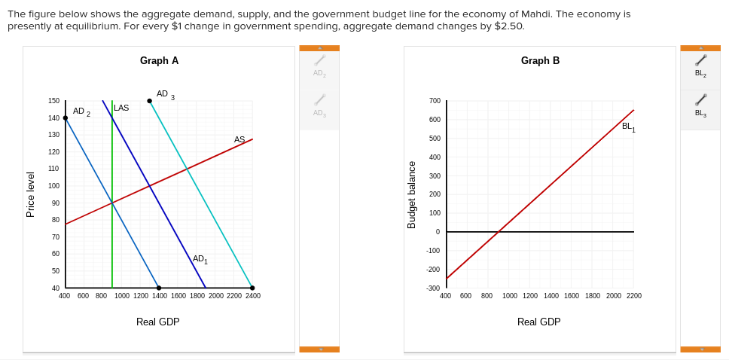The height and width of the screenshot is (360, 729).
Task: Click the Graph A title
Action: pyautogui.click(x=159, y=61)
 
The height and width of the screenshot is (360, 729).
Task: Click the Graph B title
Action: pyautogui.click(x=540, y=61)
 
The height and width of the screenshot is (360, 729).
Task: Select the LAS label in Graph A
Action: pyautogui.click(x=121, y=108)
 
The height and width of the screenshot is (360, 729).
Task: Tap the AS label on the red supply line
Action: pyautogui.click(x=239, y=140)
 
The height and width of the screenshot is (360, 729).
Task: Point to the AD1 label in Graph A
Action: pyautogui.click(x=200, y=259)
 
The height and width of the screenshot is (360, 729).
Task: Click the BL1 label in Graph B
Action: pyautogui.click(x=628, y=127)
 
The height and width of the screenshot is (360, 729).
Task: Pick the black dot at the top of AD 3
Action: pyautogui.click(x=149, y=101)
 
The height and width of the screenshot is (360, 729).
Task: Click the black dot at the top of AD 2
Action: pyautogui.click(x=66, y=117)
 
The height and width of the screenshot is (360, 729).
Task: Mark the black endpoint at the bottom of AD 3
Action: pyautogui.click(x=252, y=288)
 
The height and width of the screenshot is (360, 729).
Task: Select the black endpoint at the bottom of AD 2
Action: pyautogui.click(x=159, y=288)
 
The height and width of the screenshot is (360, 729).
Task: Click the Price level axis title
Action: pyautogui.click(x=31, y=194)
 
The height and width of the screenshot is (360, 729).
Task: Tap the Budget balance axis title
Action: pyautogui.click(x=412, y=194)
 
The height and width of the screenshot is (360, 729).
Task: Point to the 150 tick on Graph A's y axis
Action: pyautogui.click(x=54, y=101)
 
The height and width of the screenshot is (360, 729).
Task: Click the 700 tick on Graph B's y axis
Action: pyautogui.click(x=435, y=101)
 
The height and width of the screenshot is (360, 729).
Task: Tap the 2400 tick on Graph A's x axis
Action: pyautogui.click(x=253, y=296)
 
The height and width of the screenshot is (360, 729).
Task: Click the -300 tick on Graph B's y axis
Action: pyautogui.click(x=433, y=288)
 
